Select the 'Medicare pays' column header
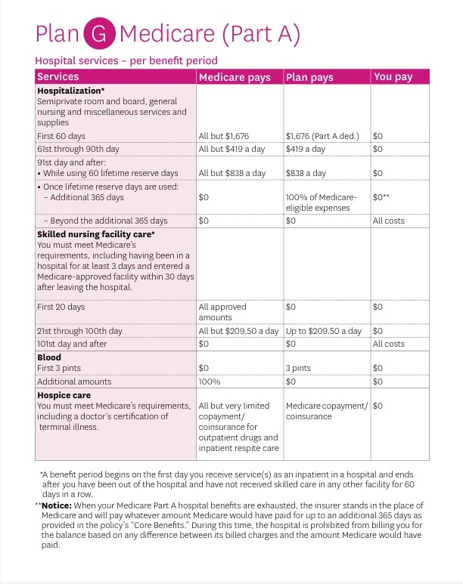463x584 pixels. click(x=234, y=77)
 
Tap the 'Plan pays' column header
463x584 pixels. click(x=309, y=77)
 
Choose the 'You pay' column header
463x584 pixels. click(x=393, y=77)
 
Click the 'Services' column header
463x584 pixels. click(x=58, y=77)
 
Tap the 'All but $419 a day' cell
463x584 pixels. click(x=231, y=149)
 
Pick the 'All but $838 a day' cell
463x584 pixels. click(x=232, y=173)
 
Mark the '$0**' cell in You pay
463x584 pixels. click(x=381, y=197)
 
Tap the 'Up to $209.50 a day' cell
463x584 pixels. click(x=324, y=331)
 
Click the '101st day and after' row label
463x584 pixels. click(x=72, y=344)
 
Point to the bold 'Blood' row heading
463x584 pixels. click(x=49, y=357)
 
